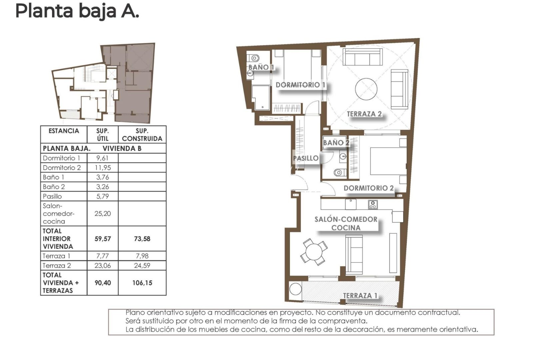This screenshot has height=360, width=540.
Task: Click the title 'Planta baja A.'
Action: (x=77, y=11)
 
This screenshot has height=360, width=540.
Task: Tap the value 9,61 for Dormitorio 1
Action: (x=102, y=158)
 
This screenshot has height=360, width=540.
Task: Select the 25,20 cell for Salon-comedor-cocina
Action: (x=102, y=213)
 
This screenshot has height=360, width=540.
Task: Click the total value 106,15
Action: (x=142, y=283)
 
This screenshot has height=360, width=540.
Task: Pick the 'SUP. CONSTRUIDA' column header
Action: (x=142, y=135)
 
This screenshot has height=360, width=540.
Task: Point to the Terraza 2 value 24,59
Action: (x=142, y=265)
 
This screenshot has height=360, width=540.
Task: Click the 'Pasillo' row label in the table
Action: (x=52, y=196)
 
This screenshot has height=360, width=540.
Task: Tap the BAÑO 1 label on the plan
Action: (x=261, y=67)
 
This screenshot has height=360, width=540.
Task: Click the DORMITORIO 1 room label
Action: (x=300, y=85)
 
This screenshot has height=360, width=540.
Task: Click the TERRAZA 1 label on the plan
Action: (x=360, y=295)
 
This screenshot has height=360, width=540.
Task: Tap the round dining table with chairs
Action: (x=313, y=251)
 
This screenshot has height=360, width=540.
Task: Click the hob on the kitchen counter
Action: (x=373, y=205)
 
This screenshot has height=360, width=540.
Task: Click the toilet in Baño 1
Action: (x=254, y=58)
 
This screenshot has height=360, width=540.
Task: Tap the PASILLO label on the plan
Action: (x=306, y=158)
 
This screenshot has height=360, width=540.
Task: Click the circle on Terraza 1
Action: (x=295, y=289)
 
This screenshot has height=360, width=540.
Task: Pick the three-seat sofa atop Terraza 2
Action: (x=362, y=57)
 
